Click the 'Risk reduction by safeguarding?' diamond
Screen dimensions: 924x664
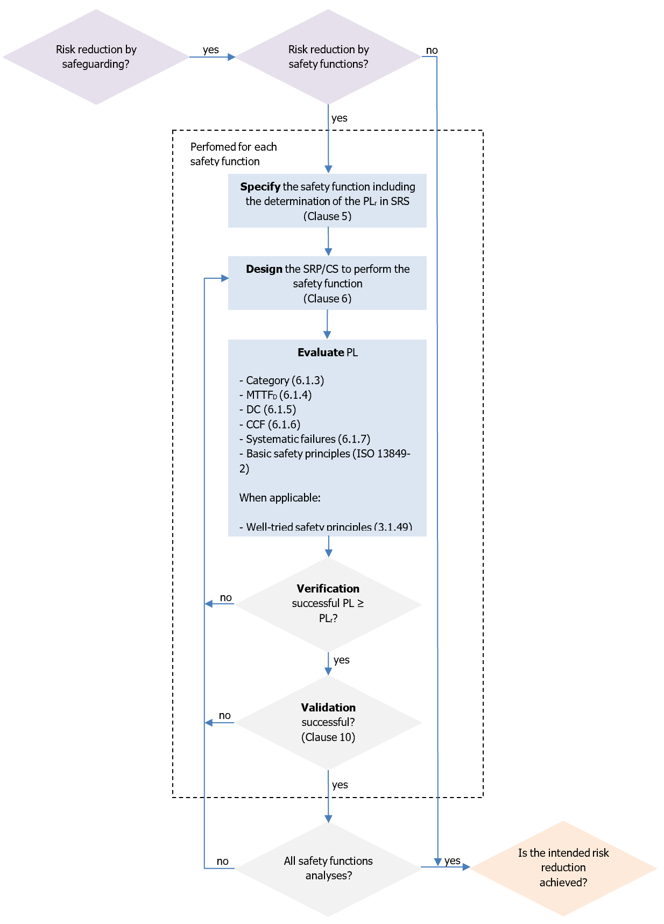[x=96, y=57]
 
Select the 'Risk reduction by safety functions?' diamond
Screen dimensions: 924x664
[x=328, y=57]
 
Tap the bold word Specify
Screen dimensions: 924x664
[x=260, y=187]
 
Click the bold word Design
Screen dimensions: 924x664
[x=264, y=269]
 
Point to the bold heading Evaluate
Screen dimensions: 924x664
[x=320, y=352]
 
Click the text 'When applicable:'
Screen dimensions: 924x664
[x=280, y=498]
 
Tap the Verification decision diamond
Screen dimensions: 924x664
[x=328, y=604]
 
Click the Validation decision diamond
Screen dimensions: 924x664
[x=328, y=722]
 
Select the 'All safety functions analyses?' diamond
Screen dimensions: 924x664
[x=328, y=868]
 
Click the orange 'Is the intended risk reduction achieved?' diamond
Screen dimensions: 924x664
[x=563, y=867]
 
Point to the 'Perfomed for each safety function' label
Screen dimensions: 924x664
[x=233, y=154]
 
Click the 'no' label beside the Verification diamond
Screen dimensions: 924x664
[x=226, y=597]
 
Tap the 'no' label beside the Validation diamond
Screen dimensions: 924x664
[x=225, y=715]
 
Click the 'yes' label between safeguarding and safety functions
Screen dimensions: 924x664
[x=211, y=50]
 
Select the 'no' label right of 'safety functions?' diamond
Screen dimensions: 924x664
[x=432, y=50]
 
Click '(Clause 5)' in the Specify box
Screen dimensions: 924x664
[x=327, y=216]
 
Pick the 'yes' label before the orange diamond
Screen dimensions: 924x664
[x=453, y=860]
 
